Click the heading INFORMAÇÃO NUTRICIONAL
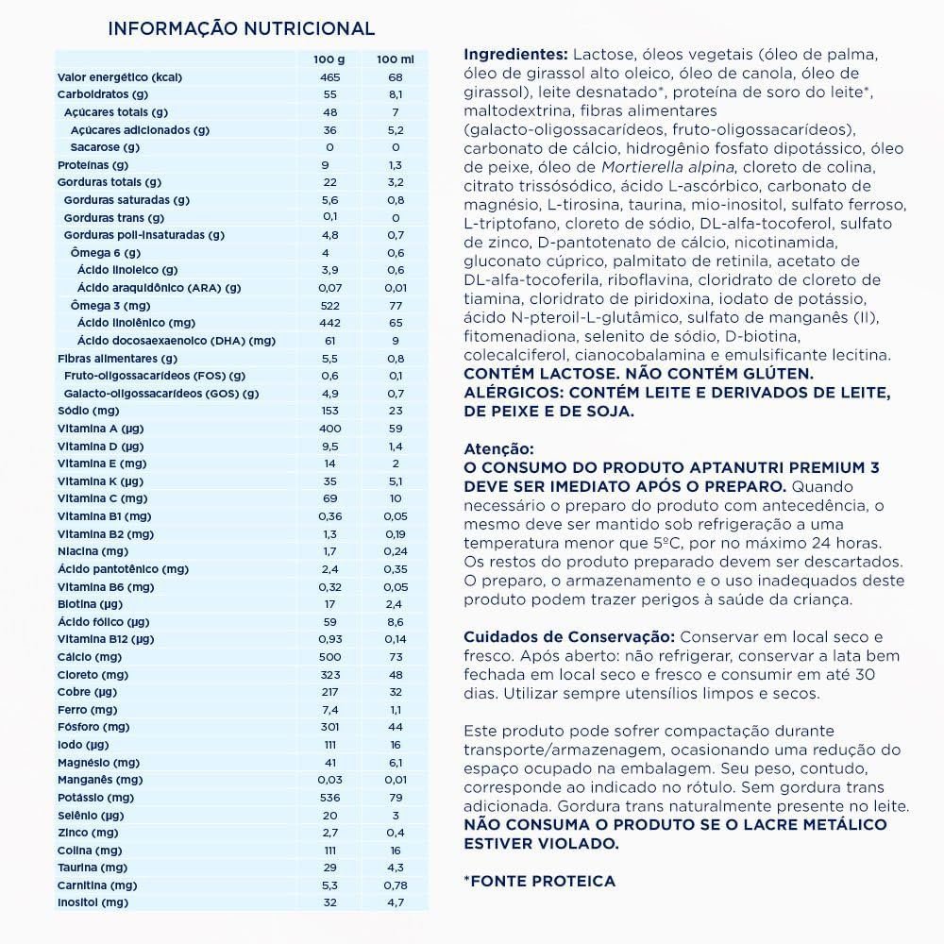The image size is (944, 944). tap(242, 29)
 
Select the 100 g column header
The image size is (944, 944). tap(329, 59)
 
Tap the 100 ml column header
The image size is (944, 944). tap(396, 59)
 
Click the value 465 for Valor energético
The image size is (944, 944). tap(329, 77)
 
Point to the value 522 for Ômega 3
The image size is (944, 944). tap(329, 305)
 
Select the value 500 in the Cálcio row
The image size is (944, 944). tap(329, 656)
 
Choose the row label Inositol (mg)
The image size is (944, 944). tap(93, 902)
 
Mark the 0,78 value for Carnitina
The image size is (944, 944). tap(396, 885)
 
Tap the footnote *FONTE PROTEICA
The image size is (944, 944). tap(539, 881)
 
